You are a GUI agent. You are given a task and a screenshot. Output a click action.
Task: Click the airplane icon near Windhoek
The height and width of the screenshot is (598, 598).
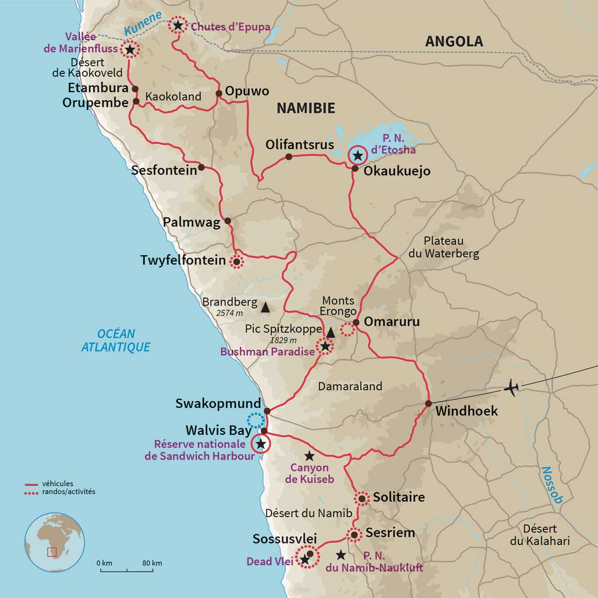[511, 388]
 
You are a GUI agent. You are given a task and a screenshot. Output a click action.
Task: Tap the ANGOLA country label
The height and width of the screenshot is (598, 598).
[454, 41]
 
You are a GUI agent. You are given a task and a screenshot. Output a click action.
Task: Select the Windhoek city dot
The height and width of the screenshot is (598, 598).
[428, 403]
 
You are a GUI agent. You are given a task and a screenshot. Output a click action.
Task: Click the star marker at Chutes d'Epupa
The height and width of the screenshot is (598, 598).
[178, 25]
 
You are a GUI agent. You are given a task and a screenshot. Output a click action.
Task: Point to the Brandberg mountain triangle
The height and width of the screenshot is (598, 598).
[265, 307]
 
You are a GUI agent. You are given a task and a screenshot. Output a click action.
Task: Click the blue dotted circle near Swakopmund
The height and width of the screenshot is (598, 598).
[255, 420]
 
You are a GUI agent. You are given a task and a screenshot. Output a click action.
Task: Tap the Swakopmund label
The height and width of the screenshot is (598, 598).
[218, 403]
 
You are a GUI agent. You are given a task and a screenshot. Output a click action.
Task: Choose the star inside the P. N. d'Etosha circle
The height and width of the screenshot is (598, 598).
[358, 155]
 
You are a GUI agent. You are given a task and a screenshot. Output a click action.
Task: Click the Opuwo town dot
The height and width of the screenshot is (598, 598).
[219, 93]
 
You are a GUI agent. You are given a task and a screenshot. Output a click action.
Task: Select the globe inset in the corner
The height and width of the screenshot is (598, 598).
[55, 542]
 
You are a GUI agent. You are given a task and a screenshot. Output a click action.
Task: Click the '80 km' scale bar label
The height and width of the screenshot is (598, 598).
[152, 563]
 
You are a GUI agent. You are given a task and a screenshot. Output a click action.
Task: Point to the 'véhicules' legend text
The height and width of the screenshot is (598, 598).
[58, 484]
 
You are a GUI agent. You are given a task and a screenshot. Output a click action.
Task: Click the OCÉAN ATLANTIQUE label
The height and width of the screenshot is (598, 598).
[116, 340]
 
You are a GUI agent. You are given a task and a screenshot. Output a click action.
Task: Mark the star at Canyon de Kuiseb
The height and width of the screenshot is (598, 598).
[309, 456]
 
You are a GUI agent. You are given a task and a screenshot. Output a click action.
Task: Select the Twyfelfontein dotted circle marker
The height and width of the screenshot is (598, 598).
[237, 261]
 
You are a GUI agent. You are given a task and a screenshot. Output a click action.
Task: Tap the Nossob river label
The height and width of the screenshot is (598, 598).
[552, 485]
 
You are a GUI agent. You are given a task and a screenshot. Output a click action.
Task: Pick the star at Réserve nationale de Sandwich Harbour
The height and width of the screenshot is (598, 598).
[260, 444]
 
